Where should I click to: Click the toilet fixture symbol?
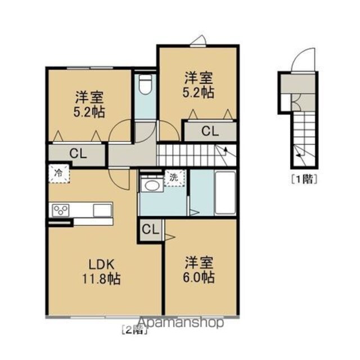pyautogui.click(x=146, y=84)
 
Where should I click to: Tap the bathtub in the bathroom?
pyautogui.click(x=225, y=193)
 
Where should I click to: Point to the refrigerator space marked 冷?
pyautogui.click(x=59, y=173)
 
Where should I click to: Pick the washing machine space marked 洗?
pyautogui.click(x=174, y=178)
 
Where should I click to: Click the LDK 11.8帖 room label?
pyautogui.click(x=101, y=272)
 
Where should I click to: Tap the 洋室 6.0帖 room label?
pyautogui.click(x=199, y=270)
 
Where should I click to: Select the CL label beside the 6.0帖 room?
pyautogui.click(x=150, y=229)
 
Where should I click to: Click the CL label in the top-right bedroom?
pyautogui.click(x=210, y=132)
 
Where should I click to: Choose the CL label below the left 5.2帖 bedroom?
pyautogui.click(x=78, y=154)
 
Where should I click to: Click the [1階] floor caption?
pyautogui.click(x=304, y=179)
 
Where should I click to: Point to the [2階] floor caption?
pyautogui.click(x=134, y=330)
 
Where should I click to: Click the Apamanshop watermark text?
pyautogui.click(x=181, y=322)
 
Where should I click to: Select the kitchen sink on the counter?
pyautogui.click(x=102, y=210)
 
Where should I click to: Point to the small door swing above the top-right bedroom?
pyautogui.click(x=199, y=40)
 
